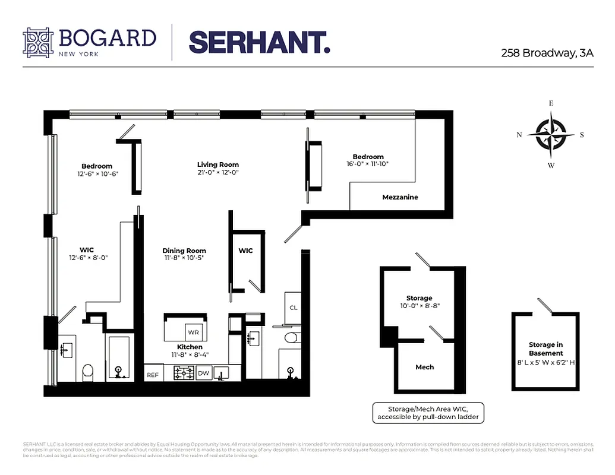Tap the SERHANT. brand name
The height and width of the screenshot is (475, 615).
[x=259, y=43]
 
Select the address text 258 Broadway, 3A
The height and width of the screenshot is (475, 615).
[x=547, y=53]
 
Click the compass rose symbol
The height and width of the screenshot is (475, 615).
[x=551, y=134]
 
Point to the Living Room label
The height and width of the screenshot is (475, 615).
[x=218, y=164]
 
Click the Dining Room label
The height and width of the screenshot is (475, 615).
[x=184, y=251]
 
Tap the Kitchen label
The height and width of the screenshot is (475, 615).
[x=190, y=347]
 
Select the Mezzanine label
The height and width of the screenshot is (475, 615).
[x=400, y=197]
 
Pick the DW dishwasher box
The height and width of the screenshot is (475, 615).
[x=203, y=373]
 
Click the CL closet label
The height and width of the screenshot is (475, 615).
[x=294, y=308]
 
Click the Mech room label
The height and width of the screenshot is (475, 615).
[x=424, y=367]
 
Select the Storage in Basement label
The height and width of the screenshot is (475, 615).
[x=545, y=349]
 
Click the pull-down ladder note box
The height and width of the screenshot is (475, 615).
[x=427, y=413]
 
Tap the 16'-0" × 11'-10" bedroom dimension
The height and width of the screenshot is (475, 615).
[x=368, y=164]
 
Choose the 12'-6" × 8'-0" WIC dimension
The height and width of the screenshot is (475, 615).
[x=88, y=258]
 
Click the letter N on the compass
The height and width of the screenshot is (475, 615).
[x=519, y=135]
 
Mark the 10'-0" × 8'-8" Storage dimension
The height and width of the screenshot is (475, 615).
[x=420, y=306]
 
